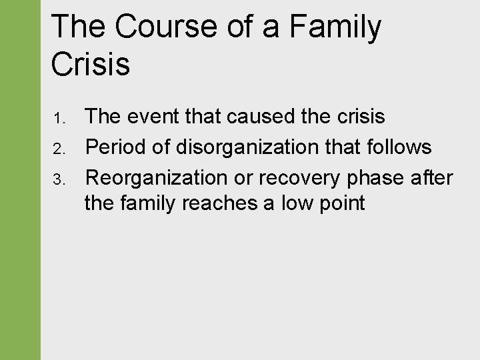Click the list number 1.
click(x=57, y=119)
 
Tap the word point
click(x=343, y=203)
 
